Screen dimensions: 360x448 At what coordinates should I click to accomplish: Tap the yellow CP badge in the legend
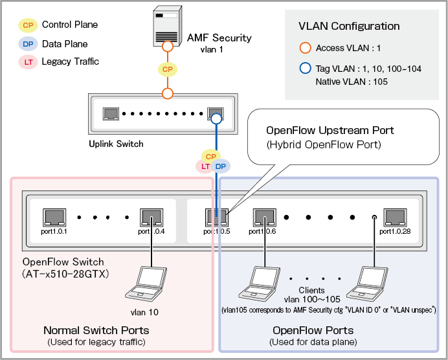pyautogui.click(x=28, y=25)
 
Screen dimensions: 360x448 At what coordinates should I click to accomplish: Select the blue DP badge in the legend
pyautogui.click(x=28, y=44)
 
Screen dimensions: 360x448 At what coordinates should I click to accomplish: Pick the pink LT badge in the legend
pyautogui.click(x=28, y=62)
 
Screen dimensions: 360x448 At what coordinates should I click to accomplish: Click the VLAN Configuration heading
pyautogui.click(x=349, y=27)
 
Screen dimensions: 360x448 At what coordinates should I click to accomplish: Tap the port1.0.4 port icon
pyautogui.click(x=151, y=217)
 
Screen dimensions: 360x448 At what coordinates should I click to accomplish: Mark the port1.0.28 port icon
pyautogui.click(x=394, y=217)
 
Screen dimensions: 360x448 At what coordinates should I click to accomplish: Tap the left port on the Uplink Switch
pyautogui.click(x=111, y=114)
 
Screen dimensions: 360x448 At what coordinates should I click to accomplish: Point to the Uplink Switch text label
pyautogui.click(x=117, y=143)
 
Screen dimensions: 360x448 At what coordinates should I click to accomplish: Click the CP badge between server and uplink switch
pyautogui.click(x=167, y=69)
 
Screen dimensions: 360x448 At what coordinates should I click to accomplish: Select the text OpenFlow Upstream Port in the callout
pyautogui.click(x=330, y=131)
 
